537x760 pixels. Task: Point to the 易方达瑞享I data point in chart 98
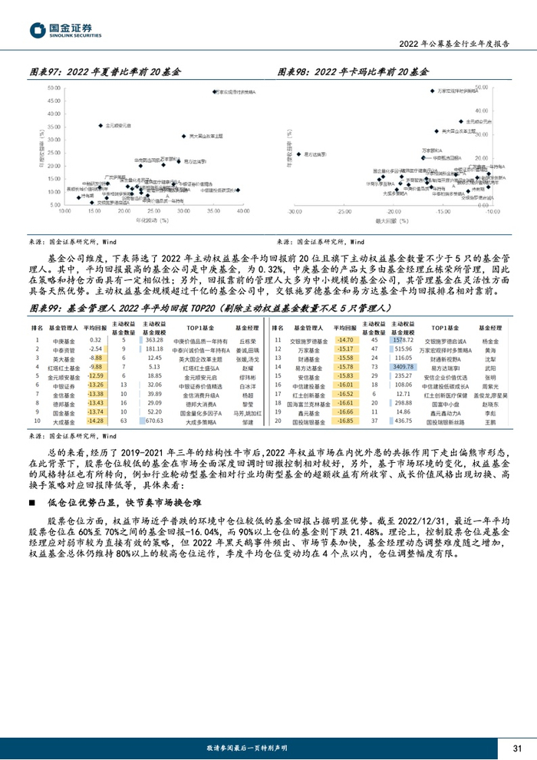298,155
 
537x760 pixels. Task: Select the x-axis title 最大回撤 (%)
394,220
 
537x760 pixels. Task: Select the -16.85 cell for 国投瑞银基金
344,421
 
